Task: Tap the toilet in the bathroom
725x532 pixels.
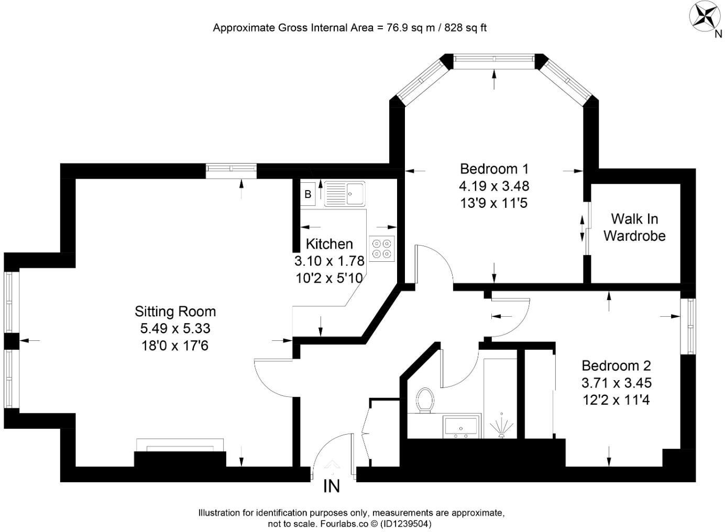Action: tap(424, 401)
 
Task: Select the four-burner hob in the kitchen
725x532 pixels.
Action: tap(382, 248)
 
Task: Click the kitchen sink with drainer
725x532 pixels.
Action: tap(345, 194)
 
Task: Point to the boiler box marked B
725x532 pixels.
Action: tap(308, 194)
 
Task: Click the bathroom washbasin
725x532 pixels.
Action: tap(461, 426)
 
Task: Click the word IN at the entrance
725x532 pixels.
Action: tap(332, 486)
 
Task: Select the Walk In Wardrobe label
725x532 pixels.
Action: tap(634, 227)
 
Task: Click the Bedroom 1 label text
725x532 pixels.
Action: tap(494, 169)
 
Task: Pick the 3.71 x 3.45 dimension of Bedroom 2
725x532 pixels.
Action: tap(617, 383)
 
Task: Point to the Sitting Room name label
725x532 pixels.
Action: tap(175, 312)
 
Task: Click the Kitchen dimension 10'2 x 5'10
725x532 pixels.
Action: tap(329, 278)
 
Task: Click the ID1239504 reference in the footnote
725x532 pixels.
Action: tap(405, 523)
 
